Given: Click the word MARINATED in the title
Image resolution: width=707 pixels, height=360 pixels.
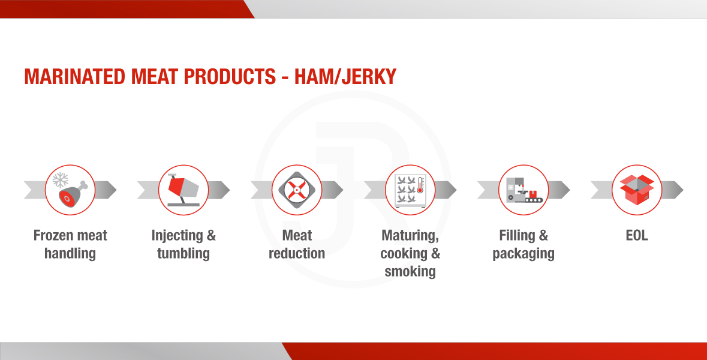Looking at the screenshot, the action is coord(75,77).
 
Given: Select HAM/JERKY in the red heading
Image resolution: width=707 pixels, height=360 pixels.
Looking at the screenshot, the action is coord(345,77).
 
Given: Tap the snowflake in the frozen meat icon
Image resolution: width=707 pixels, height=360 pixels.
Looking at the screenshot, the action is coord(61,180).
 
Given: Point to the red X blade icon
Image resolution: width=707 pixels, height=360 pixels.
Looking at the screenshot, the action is coord(297,190).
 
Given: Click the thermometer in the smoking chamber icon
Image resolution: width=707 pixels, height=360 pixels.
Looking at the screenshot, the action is coord(420,185).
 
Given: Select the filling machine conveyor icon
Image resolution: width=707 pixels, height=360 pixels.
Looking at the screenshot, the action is coord(524,190).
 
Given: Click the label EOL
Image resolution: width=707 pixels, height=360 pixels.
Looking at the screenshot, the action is coord(637,235).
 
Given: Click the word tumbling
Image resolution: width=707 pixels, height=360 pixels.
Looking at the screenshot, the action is coord(183,253).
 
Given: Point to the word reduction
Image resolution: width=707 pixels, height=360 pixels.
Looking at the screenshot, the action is coord(297,253).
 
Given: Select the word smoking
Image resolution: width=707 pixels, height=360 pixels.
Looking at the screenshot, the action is coord(410,271).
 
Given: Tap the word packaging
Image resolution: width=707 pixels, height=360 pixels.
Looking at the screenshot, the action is coord(524,254).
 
